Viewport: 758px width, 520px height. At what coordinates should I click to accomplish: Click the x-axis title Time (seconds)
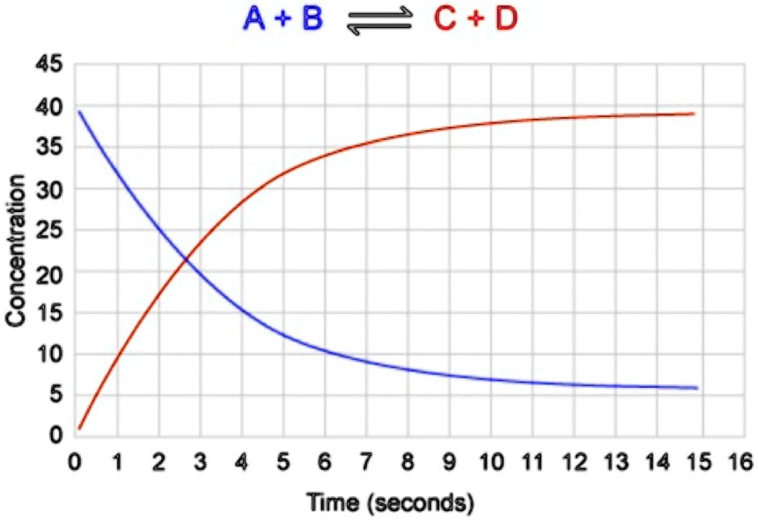390,503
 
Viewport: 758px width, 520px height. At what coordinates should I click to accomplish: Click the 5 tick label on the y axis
55,396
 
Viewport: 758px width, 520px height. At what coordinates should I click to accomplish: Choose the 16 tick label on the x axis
740,461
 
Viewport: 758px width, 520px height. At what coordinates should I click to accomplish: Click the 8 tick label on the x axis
407,461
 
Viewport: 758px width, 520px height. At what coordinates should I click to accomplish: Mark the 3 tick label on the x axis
200,461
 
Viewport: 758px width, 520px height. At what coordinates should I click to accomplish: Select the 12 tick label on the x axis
574,461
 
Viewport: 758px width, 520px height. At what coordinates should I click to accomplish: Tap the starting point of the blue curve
79,112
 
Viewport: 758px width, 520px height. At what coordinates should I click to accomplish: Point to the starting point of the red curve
79,428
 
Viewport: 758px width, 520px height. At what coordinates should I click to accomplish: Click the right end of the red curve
694,114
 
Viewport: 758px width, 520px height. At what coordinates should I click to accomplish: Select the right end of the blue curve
696,388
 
